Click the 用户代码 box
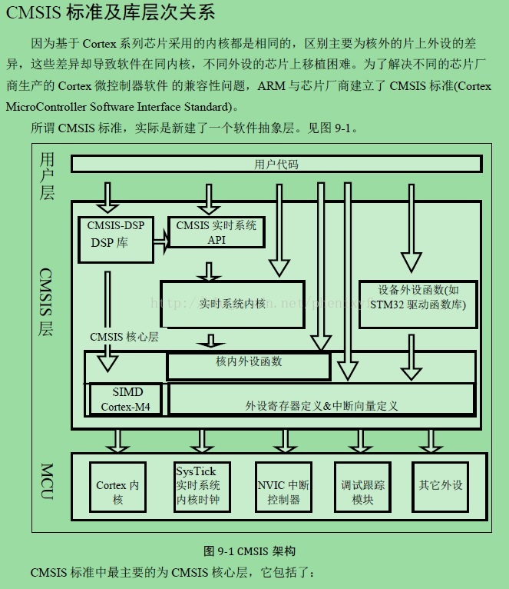click(276, 164)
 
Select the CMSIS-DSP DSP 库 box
click(116, 239)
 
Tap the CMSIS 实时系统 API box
click(216, 232)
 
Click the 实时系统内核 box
click(232, 304)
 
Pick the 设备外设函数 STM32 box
click(418, 298)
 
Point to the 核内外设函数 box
click(248, 361)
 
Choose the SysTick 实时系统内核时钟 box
click(197, 486)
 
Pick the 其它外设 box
click(441, 485)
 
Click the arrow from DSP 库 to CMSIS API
click(160, 241)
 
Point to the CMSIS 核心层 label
click(124, 336)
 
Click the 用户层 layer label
click(48, 176)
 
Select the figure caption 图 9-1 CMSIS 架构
click(250, 551)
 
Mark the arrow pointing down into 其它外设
click(431, 441)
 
